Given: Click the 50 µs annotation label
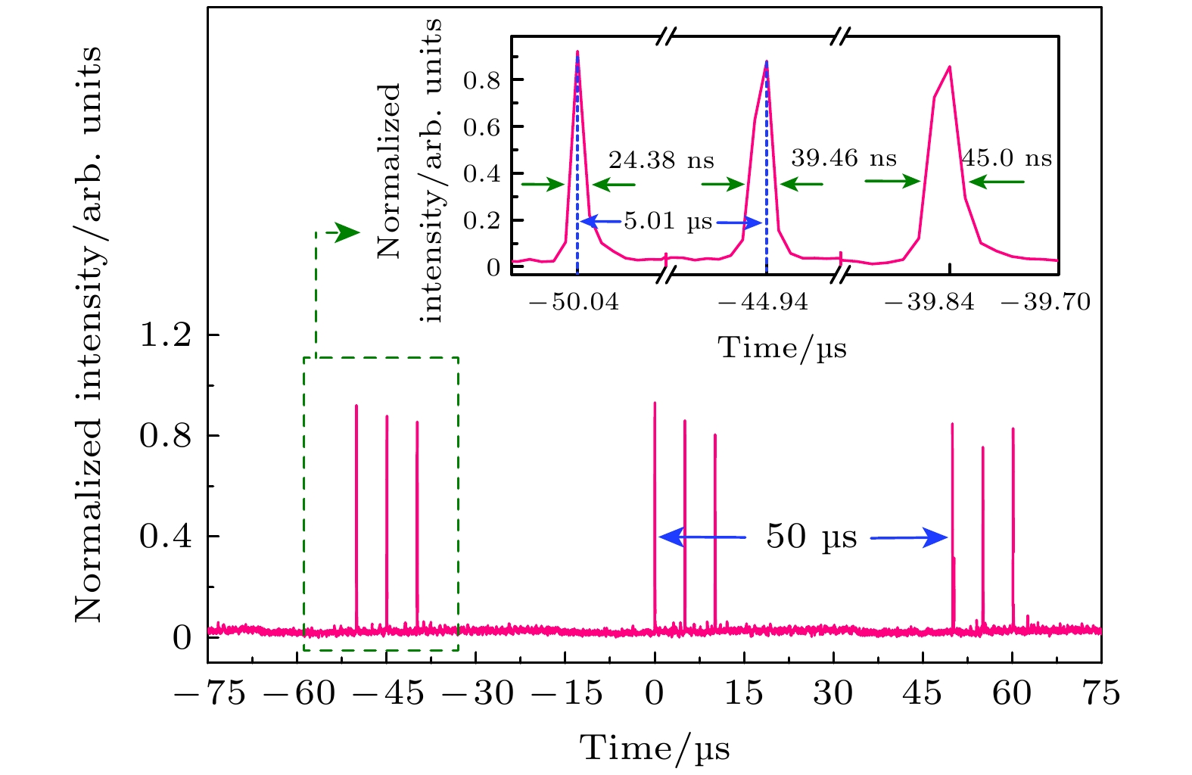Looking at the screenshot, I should [x=811, y=537].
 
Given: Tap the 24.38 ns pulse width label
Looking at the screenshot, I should [x=661, y=160].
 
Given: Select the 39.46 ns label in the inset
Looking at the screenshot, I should [x=843, y=159].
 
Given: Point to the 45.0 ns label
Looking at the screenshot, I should [x=1007, y=158].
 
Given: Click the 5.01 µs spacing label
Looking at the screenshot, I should [x=668, y=223].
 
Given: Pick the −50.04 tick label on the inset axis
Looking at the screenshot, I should [x=574, y=303].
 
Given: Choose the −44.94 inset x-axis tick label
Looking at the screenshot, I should [x=763, y=303].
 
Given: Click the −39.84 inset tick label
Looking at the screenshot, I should [x=929, y=303].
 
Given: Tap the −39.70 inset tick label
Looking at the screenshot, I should [x=1045, y=303].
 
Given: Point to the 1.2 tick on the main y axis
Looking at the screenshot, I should [x=166, y=335].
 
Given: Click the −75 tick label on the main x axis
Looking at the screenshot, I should [x=210, y=693].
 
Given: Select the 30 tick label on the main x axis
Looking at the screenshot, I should [x=833, y=693].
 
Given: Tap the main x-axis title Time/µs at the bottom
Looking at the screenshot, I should [x=655, y=749].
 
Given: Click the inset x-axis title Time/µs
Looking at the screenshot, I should [x=782, y=348].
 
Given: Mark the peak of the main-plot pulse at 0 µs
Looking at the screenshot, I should [x=655, y=403].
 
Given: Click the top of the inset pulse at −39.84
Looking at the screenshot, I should [x=949, y=67].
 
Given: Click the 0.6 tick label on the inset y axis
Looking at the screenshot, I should [x=482, y=127].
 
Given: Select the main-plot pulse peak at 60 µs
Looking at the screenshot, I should [x=1013, y=429].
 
